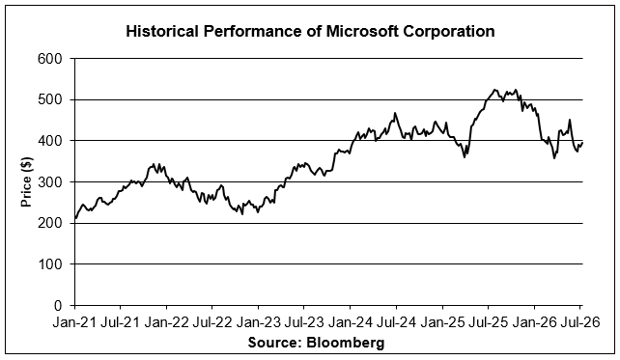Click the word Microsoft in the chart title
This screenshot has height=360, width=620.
coord(361,31)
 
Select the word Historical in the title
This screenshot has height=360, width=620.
coord(162,31)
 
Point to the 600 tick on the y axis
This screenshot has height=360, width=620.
coord(50,59)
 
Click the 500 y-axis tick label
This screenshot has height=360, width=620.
coord(50,99)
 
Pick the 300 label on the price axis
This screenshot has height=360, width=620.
coord(50,181)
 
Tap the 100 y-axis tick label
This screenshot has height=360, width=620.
coord(50,264)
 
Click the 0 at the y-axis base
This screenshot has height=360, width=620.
coord(59,305)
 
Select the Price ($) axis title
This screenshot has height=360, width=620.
coord(26,181)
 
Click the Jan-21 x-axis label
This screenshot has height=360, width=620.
coord(74,322)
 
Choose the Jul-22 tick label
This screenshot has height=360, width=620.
coord(212,322)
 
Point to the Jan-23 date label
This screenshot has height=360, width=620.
coord(258,322)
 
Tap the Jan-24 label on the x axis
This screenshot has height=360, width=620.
coord(350,322)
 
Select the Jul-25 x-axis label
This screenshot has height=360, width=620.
coord(488,322)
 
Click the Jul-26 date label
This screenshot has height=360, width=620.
coord(580,322)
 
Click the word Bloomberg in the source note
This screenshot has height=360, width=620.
coord(345,342)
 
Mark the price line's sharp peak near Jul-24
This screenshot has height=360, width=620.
coord(395,113)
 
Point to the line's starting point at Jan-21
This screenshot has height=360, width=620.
coord(75,218)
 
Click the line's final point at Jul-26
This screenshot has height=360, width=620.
coord(582,143)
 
